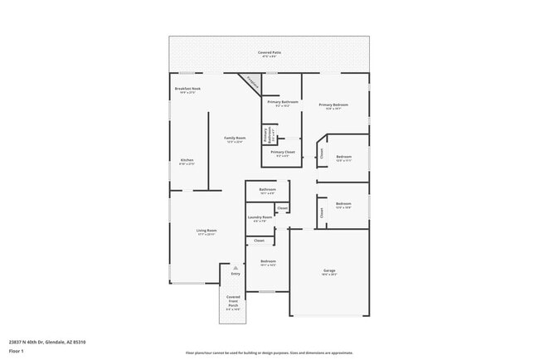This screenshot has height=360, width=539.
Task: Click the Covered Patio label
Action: pos(269,53)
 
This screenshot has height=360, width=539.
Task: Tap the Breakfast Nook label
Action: pos(187,90)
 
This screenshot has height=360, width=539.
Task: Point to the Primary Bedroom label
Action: pos(333,106)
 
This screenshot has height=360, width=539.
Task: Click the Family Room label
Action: pos(235,139)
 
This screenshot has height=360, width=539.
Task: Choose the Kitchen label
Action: pos(187,161)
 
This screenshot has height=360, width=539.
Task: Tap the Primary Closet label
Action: pos(282,153)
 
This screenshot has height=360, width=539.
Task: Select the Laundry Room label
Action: pos(260,218)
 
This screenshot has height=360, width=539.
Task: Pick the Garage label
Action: pos(328,271)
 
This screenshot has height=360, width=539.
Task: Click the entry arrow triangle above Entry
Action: pos(235,267)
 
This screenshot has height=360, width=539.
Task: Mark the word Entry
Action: pos(235,274)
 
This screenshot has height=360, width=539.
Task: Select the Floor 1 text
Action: pos(17,351)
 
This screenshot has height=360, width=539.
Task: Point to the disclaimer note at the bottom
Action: pos(269,353)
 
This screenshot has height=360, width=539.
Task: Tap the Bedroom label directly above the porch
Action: pos(268,262)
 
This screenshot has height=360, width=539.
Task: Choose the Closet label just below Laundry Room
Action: pos(259,241)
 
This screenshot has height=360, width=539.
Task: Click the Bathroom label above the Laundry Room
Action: pos(267,190)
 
